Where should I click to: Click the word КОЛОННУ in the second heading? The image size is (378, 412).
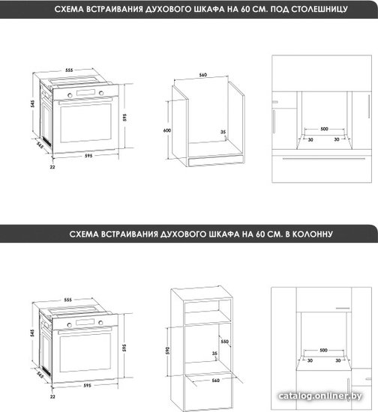(313, 234)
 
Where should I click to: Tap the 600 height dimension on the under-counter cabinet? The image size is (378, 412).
(167, 130)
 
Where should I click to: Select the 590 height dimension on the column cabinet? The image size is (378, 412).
(167, 351)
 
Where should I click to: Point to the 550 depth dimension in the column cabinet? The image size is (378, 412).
(225, 342)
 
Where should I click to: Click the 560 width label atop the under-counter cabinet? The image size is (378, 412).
(203, 75)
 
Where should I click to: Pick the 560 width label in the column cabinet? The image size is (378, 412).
(215, 381)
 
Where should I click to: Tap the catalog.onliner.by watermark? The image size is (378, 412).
(320, 396)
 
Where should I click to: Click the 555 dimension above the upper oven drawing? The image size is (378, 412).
(69, 70)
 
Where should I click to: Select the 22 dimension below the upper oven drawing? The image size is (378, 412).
(52, 167)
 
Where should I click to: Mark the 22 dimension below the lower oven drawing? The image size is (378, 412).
(52, 396)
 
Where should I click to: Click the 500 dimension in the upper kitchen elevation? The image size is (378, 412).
(324, 129)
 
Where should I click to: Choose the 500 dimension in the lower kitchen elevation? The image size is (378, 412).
(323, 350)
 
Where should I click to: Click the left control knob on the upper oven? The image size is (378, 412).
(70, 95)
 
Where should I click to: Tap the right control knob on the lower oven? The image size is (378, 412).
(100, 322)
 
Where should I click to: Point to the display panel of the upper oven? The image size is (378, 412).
(85, 92)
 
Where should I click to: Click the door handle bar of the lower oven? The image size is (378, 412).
(85, 330)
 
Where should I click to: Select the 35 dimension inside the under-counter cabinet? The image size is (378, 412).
(223, 132)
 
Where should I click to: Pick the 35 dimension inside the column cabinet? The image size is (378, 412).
(214, 354)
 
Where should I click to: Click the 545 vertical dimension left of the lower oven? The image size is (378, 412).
(32, 333)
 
